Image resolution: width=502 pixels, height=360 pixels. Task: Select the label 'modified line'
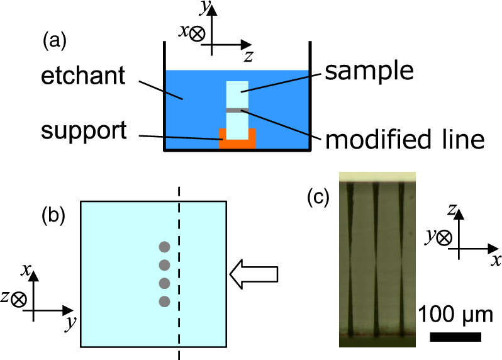(x=404, y=138)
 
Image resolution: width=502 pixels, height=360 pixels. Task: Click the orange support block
(x=237, y=142)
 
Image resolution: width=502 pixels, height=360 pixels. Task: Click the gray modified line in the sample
(x=237, y=110)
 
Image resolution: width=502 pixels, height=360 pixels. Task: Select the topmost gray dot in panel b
(x=164, y=247)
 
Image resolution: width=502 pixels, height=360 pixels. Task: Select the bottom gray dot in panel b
(x=164, y=301)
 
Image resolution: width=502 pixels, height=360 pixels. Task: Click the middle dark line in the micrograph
(x=375, y=258)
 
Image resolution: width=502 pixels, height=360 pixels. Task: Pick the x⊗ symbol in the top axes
(x=191, y=33)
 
